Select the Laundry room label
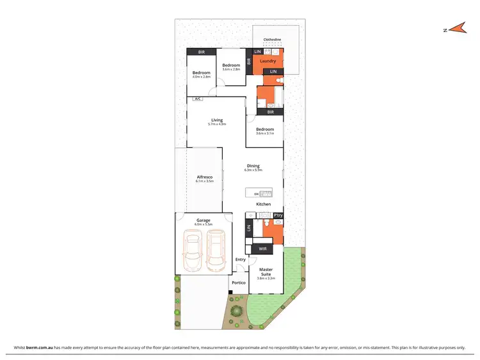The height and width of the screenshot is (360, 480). pos(268,61)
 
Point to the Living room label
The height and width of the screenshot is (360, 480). pos(217,120)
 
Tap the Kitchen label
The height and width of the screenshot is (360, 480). pos(264,204)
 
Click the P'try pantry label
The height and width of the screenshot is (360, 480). pos(278,215)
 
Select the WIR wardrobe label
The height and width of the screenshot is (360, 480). pos(262,248)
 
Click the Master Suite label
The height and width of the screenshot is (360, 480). pos(266,272)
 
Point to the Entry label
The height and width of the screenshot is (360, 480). pos(241,259)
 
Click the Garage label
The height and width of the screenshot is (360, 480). pos(204,220)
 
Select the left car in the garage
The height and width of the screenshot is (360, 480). pos(192,250)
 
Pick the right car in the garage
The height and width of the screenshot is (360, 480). pos(216,250)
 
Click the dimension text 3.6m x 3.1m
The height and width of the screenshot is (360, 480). pos(265,133)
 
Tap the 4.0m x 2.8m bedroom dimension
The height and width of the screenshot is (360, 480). pos(202,77)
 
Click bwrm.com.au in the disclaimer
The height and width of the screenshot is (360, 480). pos(38,347)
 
